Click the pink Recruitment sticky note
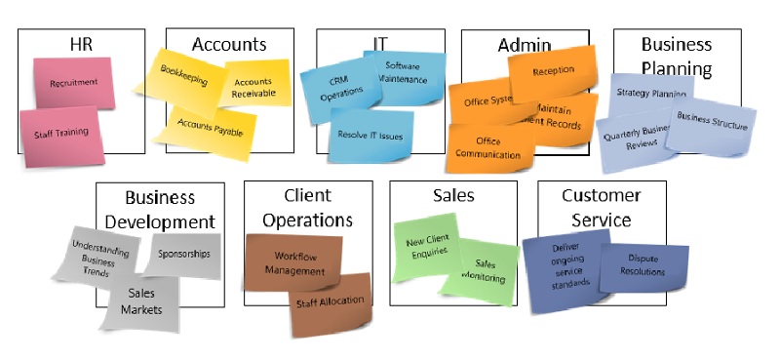[x=73, y=83]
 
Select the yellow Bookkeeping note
[x=184, y=78]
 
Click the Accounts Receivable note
[x=253, y=89]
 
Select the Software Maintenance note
[x=401, y=73]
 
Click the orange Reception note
[x=553, y=71]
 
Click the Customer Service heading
[x=602, y=208]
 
